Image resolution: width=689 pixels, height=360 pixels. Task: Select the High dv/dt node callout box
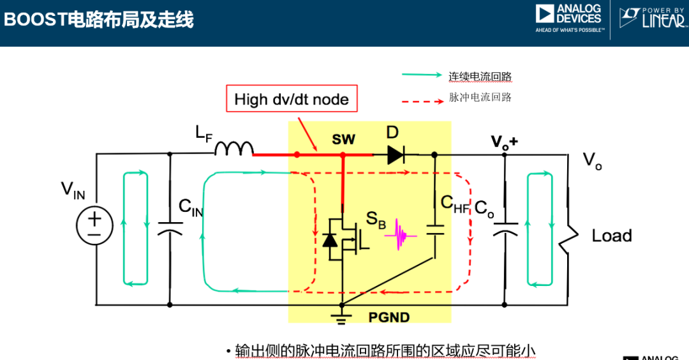coord(292,99)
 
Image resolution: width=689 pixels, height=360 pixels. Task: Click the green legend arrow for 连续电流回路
coord(422,75)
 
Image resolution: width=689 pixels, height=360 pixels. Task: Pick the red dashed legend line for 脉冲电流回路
coord(422,100)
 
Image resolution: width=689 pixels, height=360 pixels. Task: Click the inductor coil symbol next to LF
coord(233,149)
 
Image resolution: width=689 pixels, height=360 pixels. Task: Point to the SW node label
coord(343,139)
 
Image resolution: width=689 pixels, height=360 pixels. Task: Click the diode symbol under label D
coord(396,154)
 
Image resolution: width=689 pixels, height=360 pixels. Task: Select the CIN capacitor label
coord(190,207)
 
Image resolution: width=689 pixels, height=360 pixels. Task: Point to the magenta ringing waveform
coord(400,236)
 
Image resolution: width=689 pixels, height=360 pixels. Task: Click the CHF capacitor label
coord(455,203)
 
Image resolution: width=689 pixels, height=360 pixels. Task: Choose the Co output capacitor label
coord(484,209)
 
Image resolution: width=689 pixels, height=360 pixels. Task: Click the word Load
coord(611,236)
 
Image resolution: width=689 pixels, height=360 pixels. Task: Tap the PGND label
coord(389,317)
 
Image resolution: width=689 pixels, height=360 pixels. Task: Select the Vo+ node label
coord(503,142)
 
